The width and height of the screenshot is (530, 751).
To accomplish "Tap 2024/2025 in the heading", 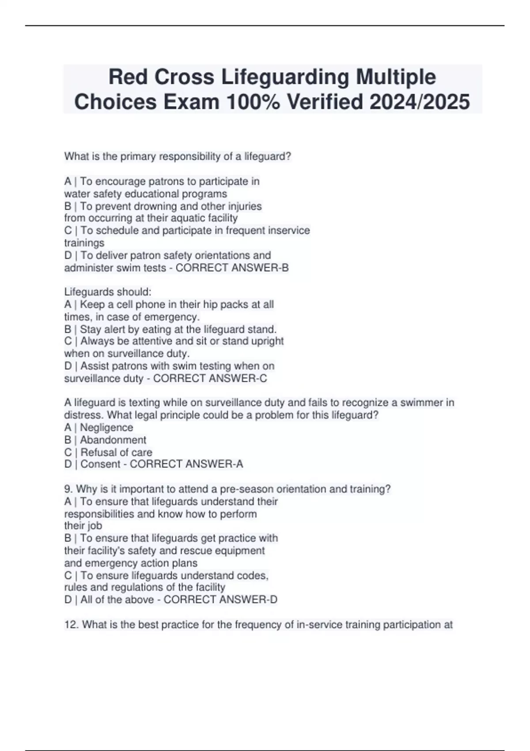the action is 420,102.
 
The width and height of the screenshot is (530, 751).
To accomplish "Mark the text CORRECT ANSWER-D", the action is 220,600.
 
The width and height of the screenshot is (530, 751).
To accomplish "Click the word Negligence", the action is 106,428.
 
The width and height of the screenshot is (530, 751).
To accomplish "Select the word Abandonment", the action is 113,440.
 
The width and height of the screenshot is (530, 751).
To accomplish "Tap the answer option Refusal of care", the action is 116,452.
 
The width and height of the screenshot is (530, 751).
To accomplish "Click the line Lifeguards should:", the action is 108,292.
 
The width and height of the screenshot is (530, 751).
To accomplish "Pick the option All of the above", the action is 117,600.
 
